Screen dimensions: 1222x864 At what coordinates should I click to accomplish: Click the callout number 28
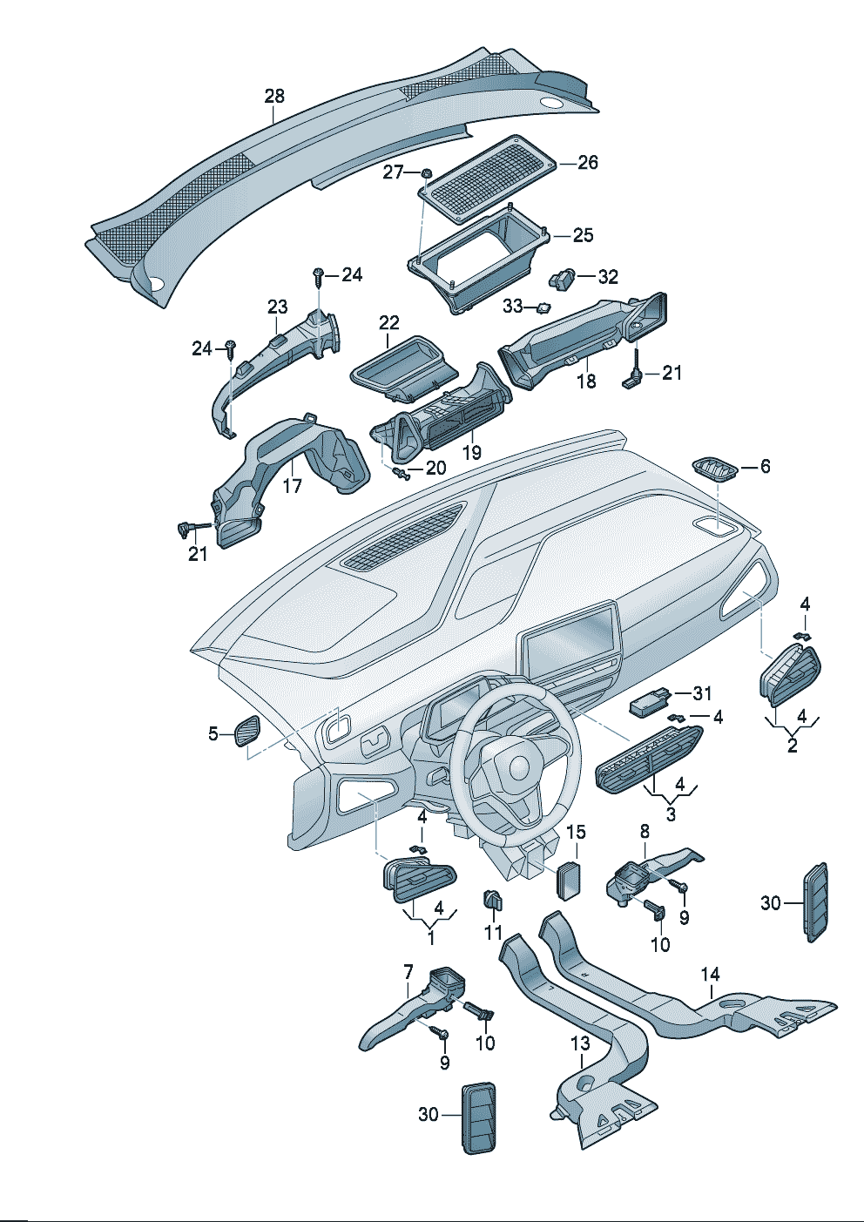pos(274,96)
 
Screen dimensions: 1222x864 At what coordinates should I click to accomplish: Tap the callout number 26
pos(588,163)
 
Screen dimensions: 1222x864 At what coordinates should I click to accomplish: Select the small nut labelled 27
pos(427,173)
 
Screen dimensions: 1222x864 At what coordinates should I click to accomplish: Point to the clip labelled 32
pos(563,279)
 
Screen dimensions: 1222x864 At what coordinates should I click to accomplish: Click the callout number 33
pos(512,307)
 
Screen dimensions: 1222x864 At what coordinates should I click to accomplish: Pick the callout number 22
pos(388,323)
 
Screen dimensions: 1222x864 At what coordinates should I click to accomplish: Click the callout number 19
pos(471,453)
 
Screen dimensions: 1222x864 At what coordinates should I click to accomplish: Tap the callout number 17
pos(292,485)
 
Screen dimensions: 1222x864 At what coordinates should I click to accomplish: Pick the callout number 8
pos(645,832)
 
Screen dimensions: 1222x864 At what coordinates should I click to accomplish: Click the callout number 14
pos(710,975)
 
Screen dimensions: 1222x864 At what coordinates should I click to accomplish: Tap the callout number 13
pos(580,1043)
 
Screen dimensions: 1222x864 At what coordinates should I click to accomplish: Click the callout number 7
pos(407,970)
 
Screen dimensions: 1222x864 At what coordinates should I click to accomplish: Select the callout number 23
pos(277,307)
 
